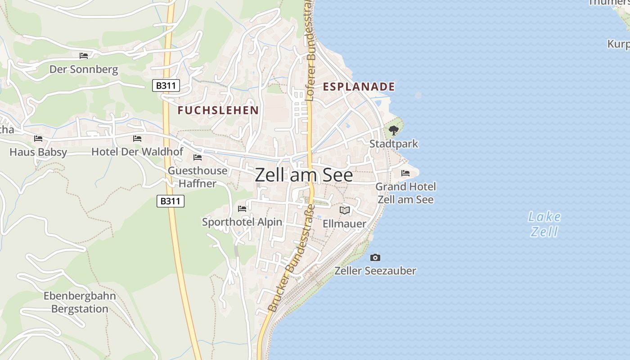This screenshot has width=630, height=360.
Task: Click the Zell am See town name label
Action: click(x=304, y=175)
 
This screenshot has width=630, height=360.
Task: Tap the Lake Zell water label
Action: click(x=544, y=224)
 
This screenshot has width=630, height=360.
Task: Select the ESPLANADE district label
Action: click(x=359, y=87)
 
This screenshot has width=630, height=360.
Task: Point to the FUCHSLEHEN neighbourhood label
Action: click(x=218, y=110)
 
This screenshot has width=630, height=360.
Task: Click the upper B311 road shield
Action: click(x=166, y=85)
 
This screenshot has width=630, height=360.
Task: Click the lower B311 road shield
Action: click(x=171, y=201)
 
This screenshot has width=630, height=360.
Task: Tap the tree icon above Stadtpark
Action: click(x=394, y=130)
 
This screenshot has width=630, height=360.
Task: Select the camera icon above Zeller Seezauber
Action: click(x=375, y=257)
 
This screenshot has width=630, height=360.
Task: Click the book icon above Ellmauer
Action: click(x=345, y=210)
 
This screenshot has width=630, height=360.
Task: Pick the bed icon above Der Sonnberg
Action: click(x=84, y=56)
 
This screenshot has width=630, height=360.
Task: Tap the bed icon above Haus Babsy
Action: click(x=38, y=139)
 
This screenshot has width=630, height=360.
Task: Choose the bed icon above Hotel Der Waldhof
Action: click(x=137, y=139)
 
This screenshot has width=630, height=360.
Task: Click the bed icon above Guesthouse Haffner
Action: click(x=197, y=157)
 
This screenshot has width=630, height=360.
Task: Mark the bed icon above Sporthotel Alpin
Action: click(x=242, y=209)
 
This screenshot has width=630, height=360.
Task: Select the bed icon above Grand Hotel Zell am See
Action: click(x=405, y=173)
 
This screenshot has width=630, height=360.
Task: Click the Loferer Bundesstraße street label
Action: click(x=309, y=49)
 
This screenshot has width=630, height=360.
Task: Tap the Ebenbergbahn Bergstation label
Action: click(x=80, y=302)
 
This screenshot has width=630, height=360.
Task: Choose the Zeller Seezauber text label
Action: click(x=375, y=271)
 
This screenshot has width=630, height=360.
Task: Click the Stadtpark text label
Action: click(x=394, y=144)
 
